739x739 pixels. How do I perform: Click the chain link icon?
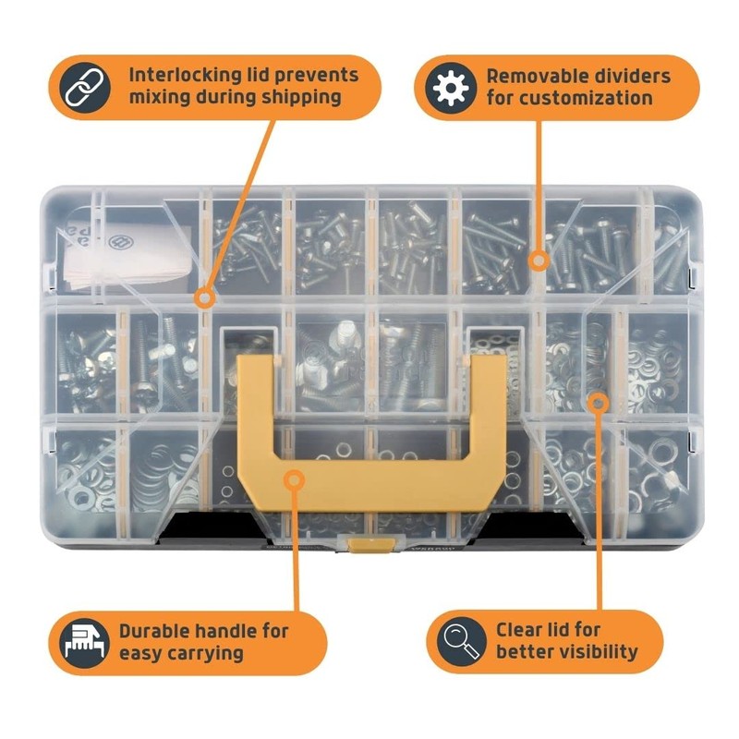coord(86,86)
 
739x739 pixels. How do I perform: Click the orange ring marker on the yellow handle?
coord(293,479)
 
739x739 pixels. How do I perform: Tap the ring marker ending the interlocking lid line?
coord(206,297)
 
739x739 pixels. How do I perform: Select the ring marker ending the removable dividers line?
coord(539,261)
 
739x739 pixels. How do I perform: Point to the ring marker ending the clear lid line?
coord(599,401)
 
